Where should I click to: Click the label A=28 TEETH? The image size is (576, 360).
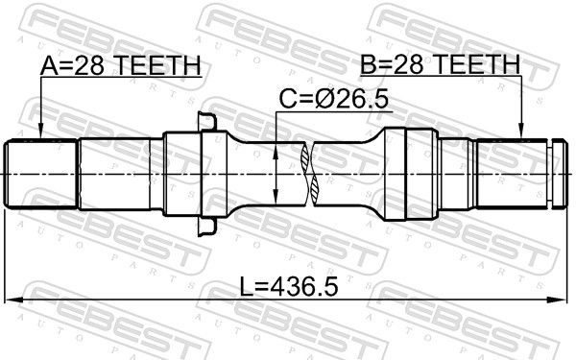(x=121, y=65)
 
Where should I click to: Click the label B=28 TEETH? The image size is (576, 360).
(x=440, y=64)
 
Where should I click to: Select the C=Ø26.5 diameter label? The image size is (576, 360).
(x=333, y=99)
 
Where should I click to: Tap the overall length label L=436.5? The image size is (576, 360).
(x=288, y=286)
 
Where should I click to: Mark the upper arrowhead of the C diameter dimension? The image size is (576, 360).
(x=276, y=150)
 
